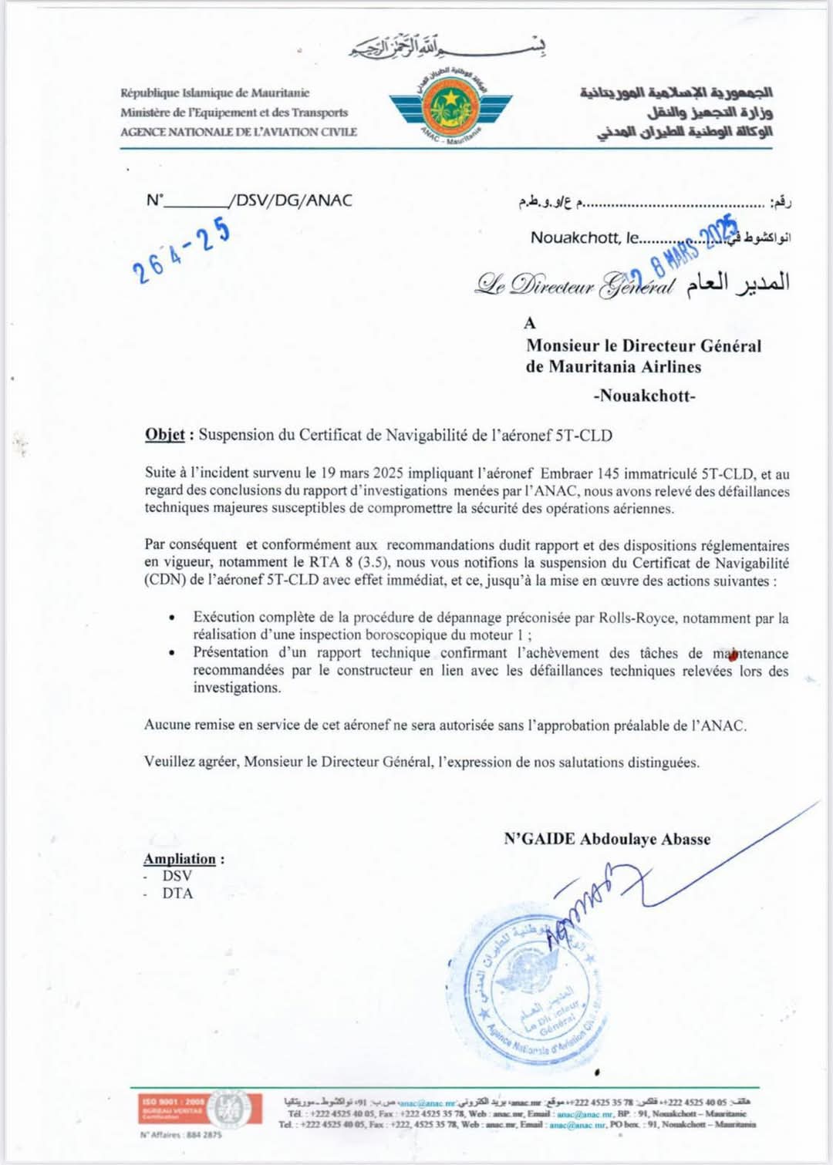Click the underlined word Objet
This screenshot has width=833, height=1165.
click(x=164, y=435)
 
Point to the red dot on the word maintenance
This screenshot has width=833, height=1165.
click(x=731, y=655)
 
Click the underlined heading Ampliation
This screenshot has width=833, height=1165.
click(x=180, y=859)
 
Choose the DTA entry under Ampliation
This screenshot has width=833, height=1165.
click(x=177, y=894)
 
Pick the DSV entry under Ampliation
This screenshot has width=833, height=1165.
click(x=177, y=876)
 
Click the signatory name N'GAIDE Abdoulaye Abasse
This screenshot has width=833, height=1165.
click(x=607, y=839)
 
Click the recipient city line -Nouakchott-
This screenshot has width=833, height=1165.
click(x=644, y=396)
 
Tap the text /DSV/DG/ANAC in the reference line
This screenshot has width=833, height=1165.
click(x=291, y=200)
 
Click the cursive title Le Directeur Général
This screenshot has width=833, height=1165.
click(x=575, y=285)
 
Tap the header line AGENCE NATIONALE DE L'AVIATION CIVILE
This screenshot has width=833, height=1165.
click(x=238, y=132)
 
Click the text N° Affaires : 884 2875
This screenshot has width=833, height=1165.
click(x=180, y=1135)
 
